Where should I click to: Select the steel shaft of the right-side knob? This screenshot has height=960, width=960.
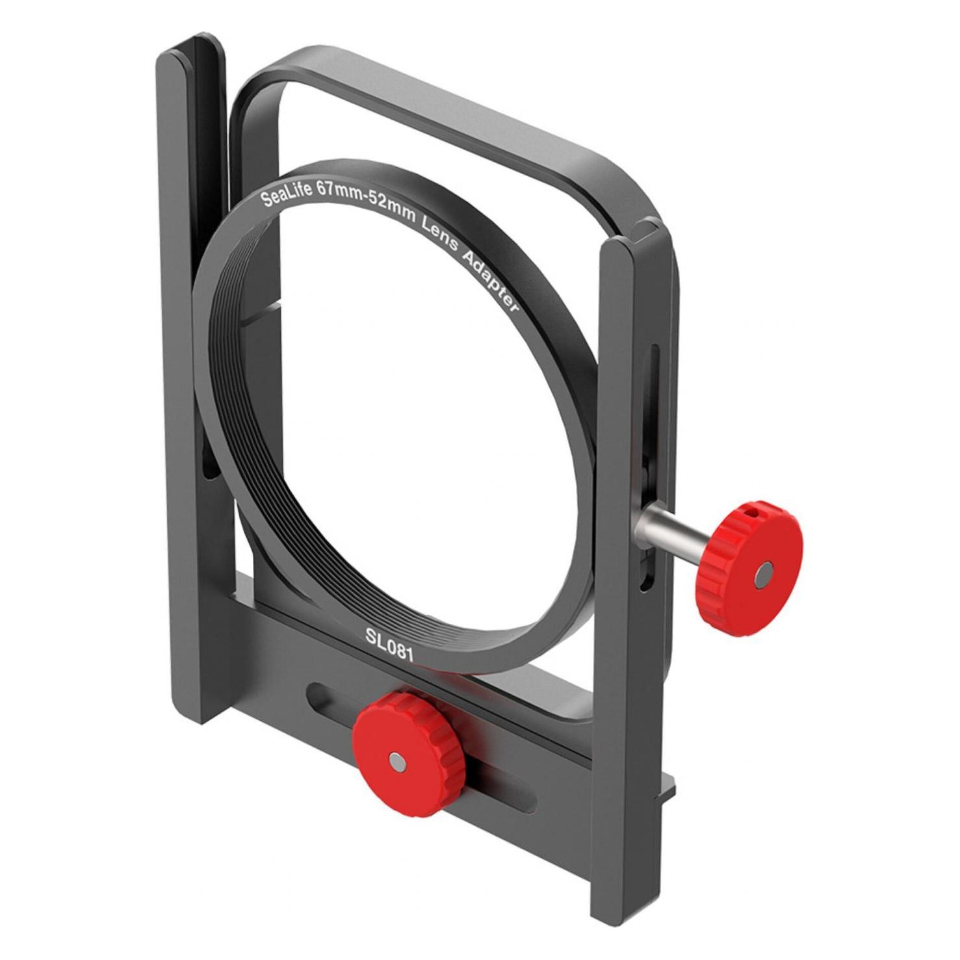click(671, 528)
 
